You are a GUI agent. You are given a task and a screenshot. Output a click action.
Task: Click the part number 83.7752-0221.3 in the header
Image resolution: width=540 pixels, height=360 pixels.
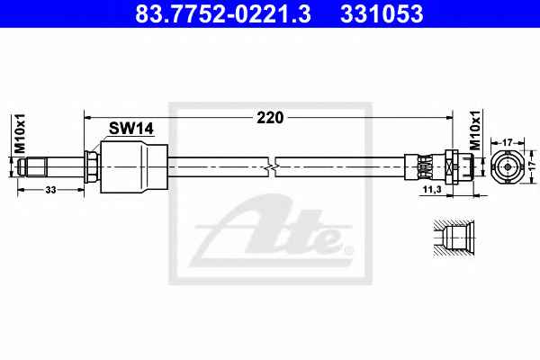tap(223, 13)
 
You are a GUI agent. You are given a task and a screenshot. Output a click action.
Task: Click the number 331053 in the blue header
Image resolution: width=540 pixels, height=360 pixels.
tap(382, 13)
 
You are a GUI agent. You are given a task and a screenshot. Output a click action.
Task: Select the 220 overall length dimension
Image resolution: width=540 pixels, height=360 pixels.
tap(270, 118)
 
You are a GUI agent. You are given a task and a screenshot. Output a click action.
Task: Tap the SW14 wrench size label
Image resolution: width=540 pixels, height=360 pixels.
tap(131, 129)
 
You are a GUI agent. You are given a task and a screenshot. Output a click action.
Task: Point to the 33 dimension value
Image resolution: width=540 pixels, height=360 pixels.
tap(50, 190)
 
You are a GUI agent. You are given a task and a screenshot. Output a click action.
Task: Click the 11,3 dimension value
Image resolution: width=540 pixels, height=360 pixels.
tap(432, 189)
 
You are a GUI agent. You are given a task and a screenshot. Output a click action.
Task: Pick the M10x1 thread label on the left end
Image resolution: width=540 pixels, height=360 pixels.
tap(21, 133)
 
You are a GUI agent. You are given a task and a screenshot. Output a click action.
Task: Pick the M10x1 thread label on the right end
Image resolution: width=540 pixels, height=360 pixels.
tap(475, 130)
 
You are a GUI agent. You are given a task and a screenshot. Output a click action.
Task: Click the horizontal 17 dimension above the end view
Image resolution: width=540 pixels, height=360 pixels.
tap(508, 142)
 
